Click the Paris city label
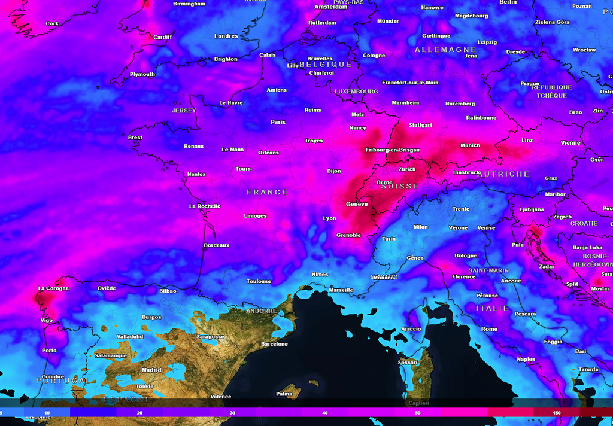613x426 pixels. coord(278,122)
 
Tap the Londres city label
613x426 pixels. coord(226,36)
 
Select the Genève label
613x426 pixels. coord(357,204)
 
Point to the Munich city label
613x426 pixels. coord(470,145)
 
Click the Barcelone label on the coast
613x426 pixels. coord(274,344)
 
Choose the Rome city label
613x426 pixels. coord(489,329)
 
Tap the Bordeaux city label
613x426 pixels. coord(216,245)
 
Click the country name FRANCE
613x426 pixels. coord(267,192)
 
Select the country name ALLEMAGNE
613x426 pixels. coord(445,50)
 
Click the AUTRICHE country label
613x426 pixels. coord(503,174)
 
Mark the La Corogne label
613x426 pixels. coord(53,288)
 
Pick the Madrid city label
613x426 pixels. coord(151,370)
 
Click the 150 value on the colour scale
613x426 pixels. coord(557,413)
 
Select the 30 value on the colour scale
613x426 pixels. coord(232,413)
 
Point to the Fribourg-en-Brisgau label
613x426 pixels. coord(392,150)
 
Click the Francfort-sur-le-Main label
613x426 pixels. coord(410,83)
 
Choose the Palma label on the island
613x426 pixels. coord(284,394)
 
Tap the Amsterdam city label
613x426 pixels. coord(331,7)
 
